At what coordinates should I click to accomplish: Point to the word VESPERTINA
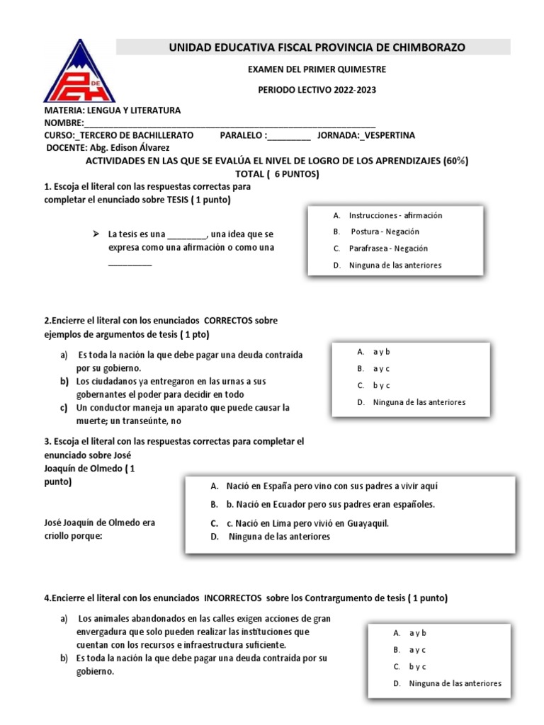(x=390, y=135)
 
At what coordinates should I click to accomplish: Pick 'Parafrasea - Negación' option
(x=388, y=249)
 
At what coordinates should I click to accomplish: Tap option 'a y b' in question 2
(x=382, y=352)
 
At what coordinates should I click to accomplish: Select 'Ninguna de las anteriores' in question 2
(x=419, y=402)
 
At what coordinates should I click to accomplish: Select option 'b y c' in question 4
(x=417, y=666)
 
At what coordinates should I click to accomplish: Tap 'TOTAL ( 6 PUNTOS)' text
(x=277, y=173)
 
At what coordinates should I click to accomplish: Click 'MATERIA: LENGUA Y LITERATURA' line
(x=113, y=110)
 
